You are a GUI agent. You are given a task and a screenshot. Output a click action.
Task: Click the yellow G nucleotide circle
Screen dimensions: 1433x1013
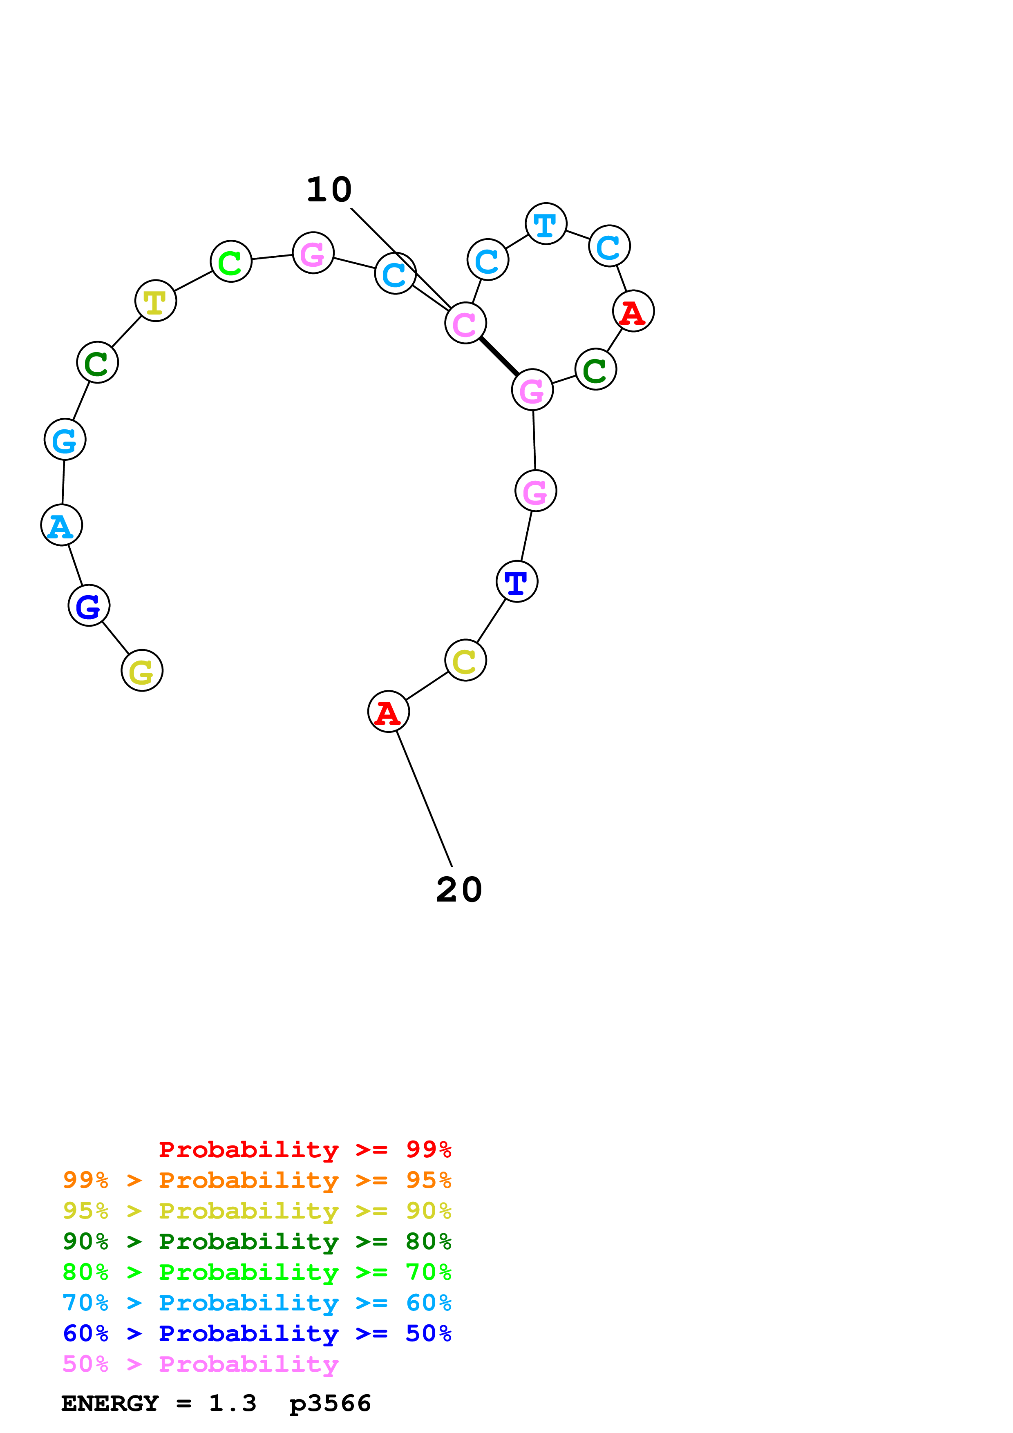142,670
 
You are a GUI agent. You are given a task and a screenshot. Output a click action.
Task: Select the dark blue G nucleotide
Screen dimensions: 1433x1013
89,605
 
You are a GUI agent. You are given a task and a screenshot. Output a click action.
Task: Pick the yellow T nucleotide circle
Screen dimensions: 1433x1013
155,300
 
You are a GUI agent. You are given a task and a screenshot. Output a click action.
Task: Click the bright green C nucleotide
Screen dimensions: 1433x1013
231,261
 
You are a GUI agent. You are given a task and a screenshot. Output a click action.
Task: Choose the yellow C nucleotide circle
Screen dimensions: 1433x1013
465,660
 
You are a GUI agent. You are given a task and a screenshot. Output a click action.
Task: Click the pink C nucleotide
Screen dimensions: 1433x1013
465,323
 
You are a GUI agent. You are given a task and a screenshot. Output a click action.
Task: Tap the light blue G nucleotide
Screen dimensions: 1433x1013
65,440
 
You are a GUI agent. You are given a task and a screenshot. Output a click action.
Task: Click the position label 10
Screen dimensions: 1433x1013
329,189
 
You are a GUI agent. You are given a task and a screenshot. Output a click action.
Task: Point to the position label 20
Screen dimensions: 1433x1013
459,889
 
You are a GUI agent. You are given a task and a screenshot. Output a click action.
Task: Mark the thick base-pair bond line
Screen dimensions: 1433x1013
499,356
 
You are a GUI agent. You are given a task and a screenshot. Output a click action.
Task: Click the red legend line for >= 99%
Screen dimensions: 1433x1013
304,1149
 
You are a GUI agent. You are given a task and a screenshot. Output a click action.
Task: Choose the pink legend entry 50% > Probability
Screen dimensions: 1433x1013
200,1364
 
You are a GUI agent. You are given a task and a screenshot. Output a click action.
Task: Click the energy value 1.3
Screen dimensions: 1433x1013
232,1404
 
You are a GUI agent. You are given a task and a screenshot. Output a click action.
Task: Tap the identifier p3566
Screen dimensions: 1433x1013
330,1404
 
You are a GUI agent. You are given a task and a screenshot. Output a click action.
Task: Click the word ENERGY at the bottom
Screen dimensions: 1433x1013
110,1404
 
